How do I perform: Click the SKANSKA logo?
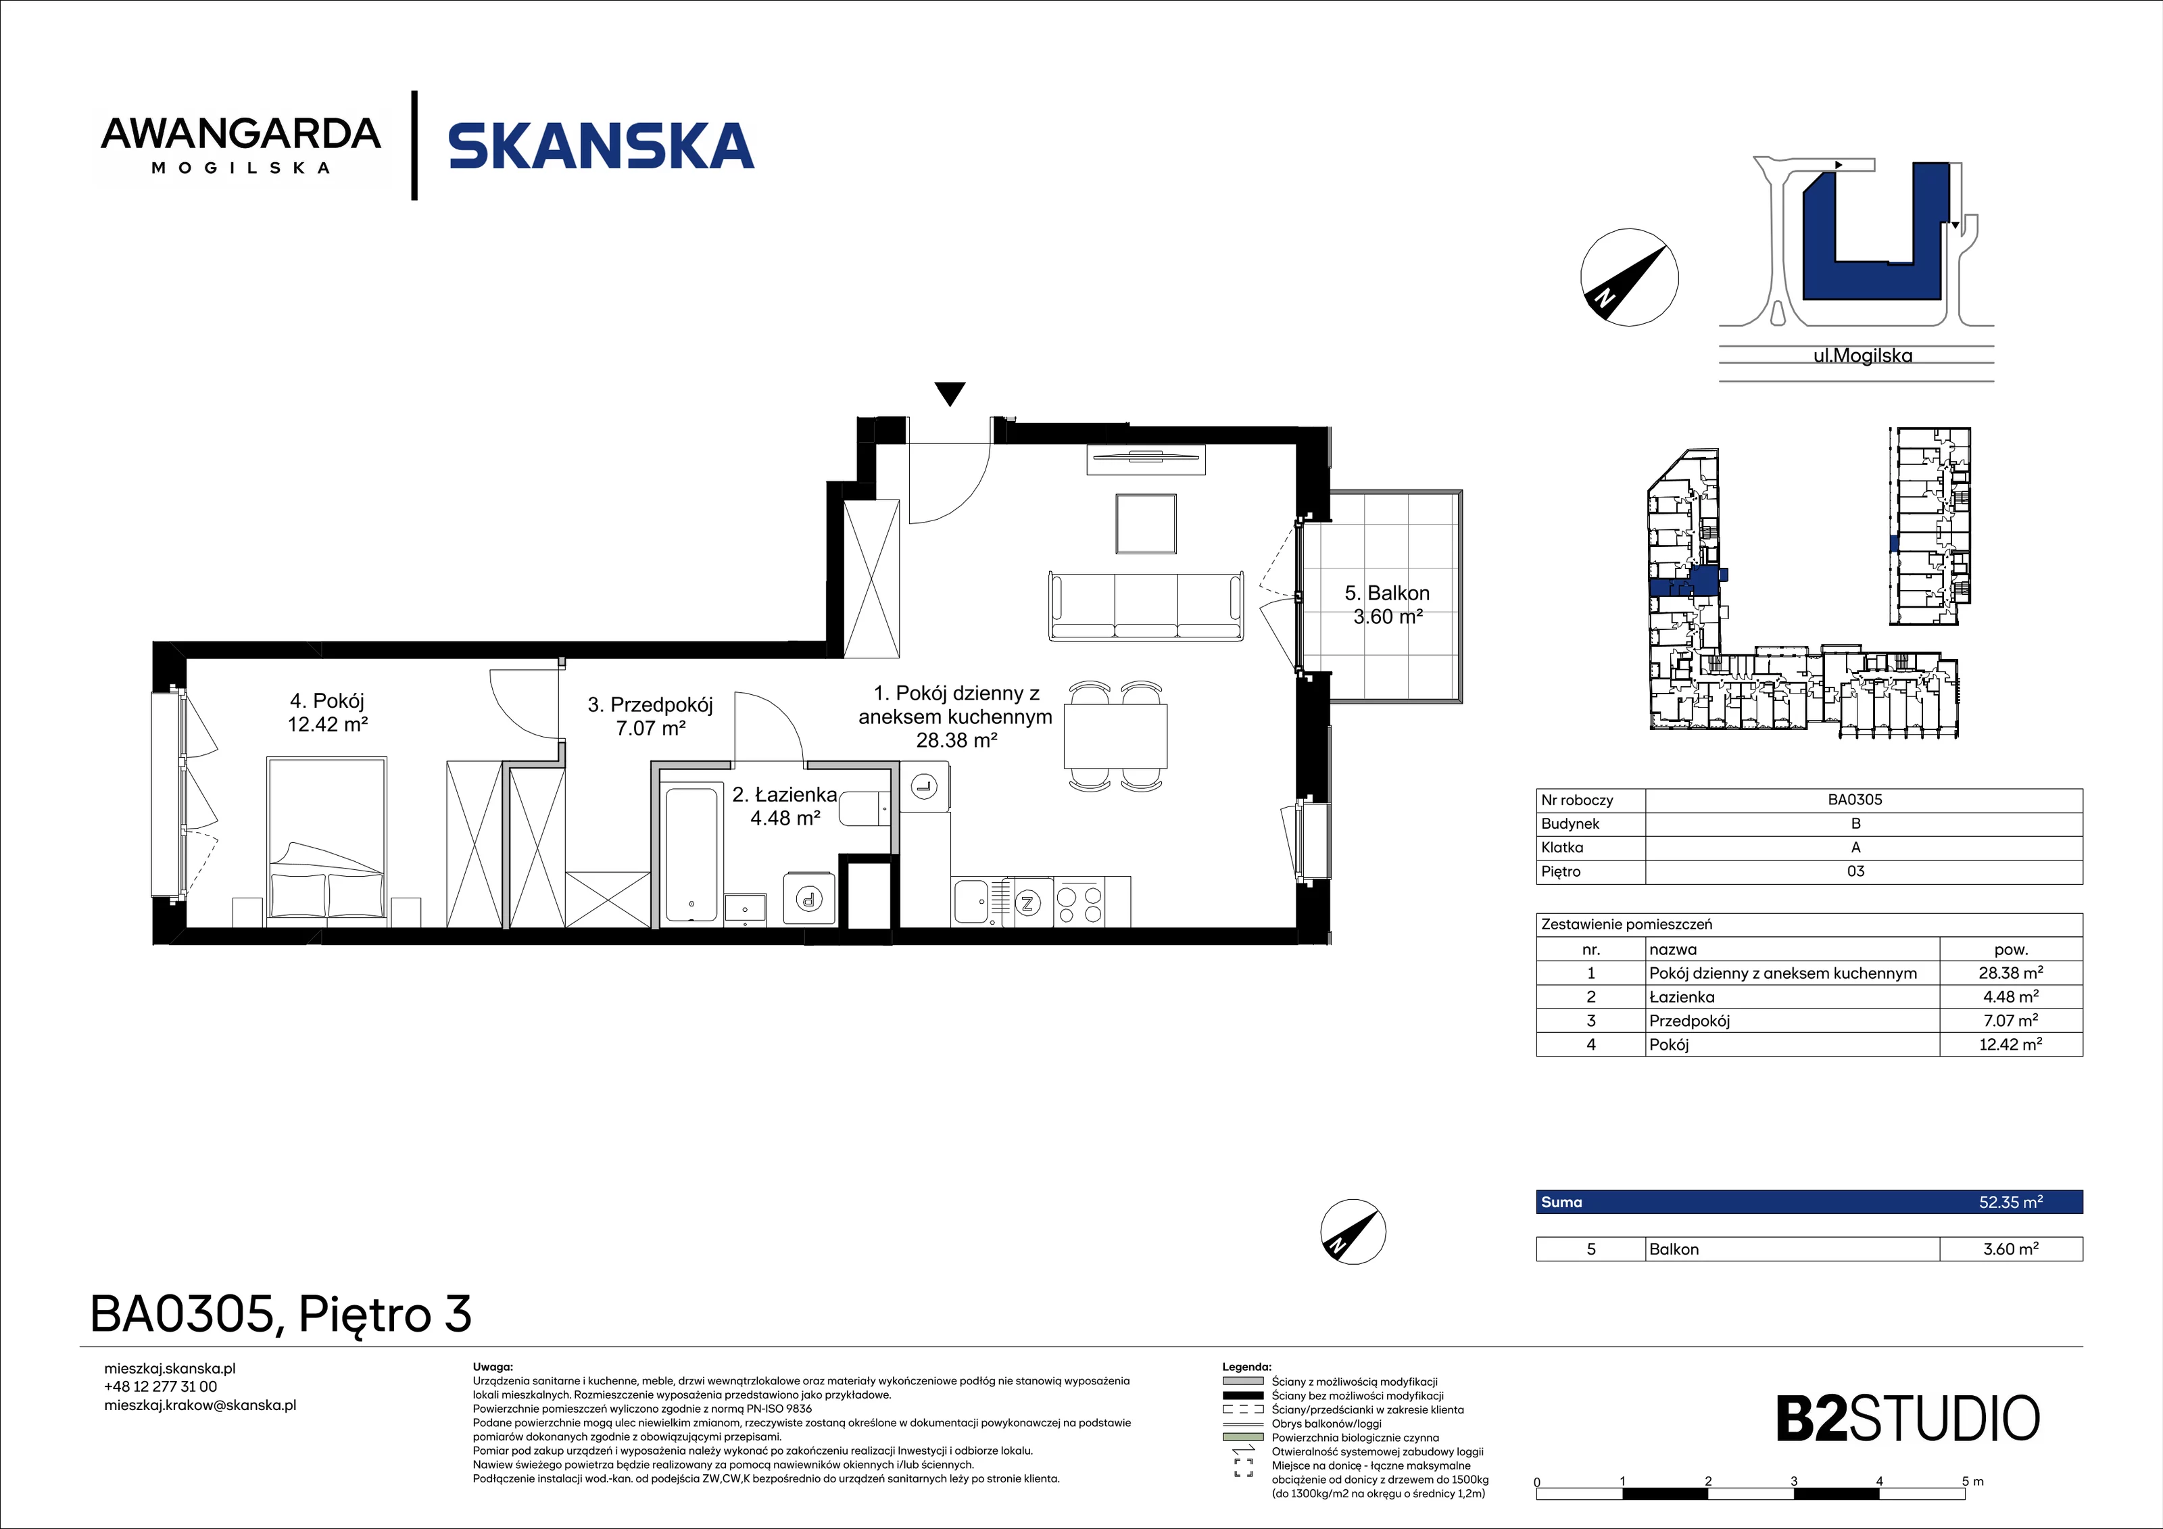point(601,146)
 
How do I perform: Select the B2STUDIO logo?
point(1907,1419)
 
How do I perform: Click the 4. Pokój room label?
point(327,712)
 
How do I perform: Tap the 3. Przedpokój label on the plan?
point(650,716)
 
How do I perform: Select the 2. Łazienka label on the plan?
point(785,806)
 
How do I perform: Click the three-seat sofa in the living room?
point(1146,606)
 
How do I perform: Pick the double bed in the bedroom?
point(327,838)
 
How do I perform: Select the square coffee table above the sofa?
point(1146,525)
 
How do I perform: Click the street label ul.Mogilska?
point(1862,356)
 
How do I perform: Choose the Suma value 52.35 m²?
point(2010,1202)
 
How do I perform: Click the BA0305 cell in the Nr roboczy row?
point(1855,800)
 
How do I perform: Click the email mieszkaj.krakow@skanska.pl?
point(199,1405)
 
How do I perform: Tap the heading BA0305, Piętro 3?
point(281,1314)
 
